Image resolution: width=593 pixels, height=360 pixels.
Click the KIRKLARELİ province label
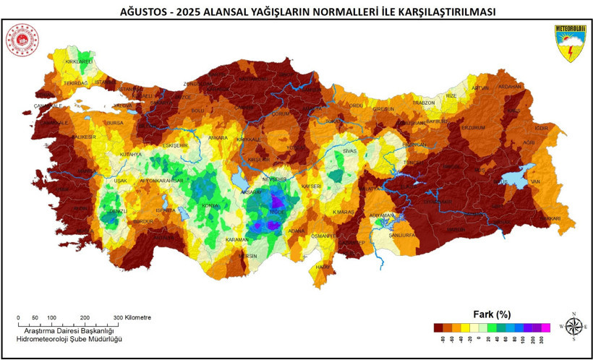[80, 62]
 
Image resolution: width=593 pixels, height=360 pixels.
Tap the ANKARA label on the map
[218, 137]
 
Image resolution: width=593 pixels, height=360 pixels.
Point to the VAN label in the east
[535, 181]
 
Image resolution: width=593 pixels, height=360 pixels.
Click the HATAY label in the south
[322, 267]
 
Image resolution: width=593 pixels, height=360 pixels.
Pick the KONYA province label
[210, 206]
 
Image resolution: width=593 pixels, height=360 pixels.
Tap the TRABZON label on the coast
[423, 103]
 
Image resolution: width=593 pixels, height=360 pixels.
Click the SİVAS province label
[350, 151]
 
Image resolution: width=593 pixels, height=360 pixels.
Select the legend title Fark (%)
[492, 314]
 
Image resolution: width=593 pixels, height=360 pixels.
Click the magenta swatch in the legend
[545, 327]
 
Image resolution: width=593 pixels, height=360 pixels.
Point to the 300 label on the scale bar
[118, 317]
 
